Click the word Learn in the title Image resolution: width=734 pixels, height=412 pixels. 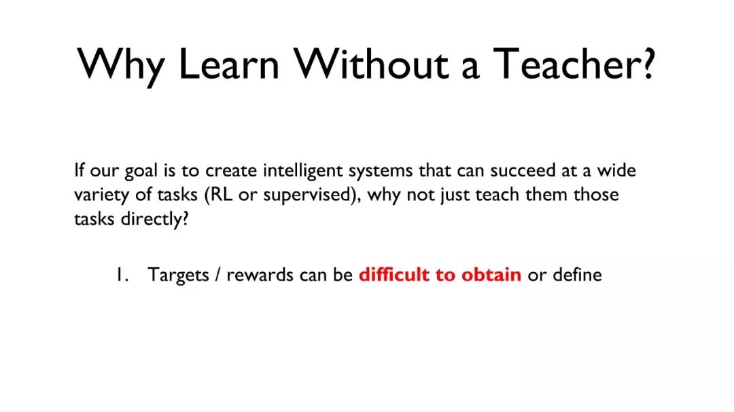tap(228, 64)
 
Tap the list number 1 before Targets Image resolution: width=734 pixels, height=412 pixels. tap(122, 274)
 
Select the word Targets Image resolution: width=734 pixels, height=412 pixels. tap(178, 276)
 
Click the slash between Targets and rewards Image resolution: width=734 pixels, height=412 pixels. tap(217, 275)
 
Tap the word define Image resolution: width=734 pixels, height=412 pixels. tap(577, 274)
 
